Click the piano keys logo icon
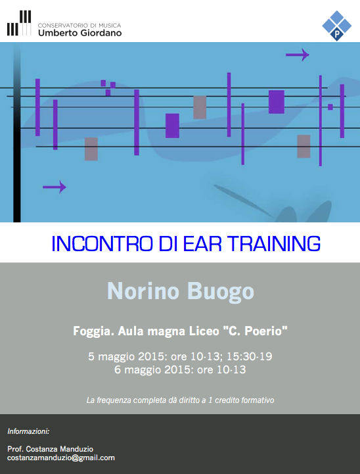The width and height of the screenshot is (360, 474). pyautogui.click(x=19, y=23)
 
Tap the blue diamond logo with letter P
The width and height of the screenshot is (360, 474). pyautogui.click(x=337, y=26)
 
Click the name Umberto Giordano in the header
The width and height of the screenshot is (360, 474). pyautogui.click(x=79, y=33)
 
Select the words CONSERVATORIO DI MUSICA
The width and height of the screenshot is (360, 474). pyautogui.click(x=79, y=26)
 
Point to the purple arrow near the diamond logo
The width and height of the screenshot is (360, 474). pyautogui.click(x=298, y=55)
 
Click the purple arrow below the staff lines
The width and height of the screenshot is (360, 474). pyautogui.click(x=55, y=187)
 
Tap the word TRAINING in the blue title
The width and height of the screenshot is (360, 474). pyautogui.click(x=274, y=243)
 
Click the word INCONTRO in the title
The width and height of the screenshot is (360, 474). pyautogui.click(x=102, y=243)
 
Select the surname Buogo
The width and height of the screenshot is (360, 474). pyautogui.click(x=221, y=291)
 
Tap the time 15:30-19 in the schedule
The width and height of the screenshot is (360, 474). pyautogui.click(x=250, y=356)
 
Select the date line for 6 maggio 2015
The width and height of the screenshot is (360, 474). pyautogui.click(x=180, y=369)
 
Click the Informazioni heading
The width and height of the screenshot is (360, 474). pyautogui.click(x=28, y=431)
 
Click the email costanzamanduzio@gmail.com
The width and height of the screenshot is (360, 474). pyautogui.click(x=61, y=458)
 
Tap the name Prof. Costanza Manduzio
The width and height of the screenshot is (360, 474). pyautogui.click(x=50, y=449)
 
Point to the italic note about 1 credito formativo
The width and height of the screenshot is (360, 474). pyautogui.click(x=180, y=400)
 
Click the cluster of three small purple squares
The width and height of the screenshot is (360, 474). pyautogui.click(x=108, y=87)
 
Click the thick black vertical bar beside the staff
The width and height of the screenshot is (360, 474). pyautogui.click(x=17, y=133)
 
